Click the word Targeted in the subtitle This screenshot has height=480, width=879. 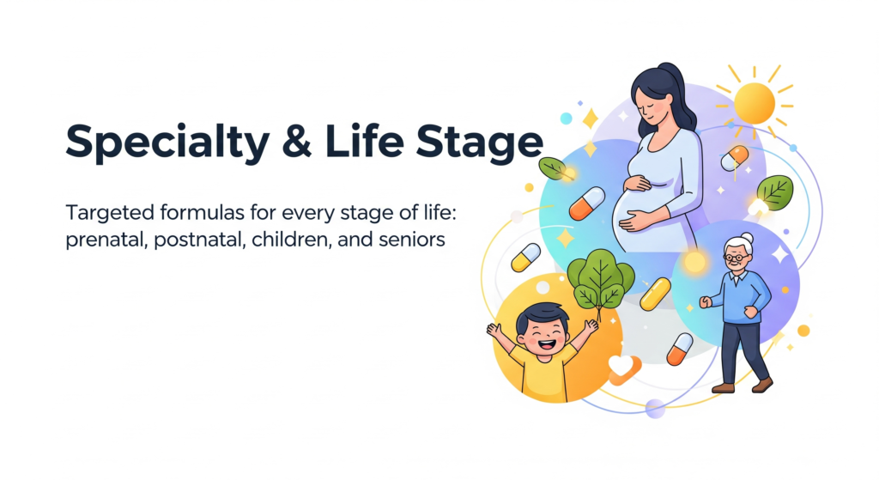(x=110, y=214)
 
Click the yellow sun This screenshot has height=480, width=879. (x=755, y=104)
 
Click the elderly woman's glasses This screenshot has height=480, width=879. (x=736, y=258)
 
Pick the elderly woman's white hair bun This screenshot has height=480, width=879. (x=748, y=239)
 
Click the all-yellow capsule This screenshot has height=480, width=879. (x=655, y=294)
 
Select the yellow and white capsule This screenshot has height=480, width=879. (x=526, y=258)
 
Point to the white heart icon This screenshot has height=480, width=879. (x=621, y=366)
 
